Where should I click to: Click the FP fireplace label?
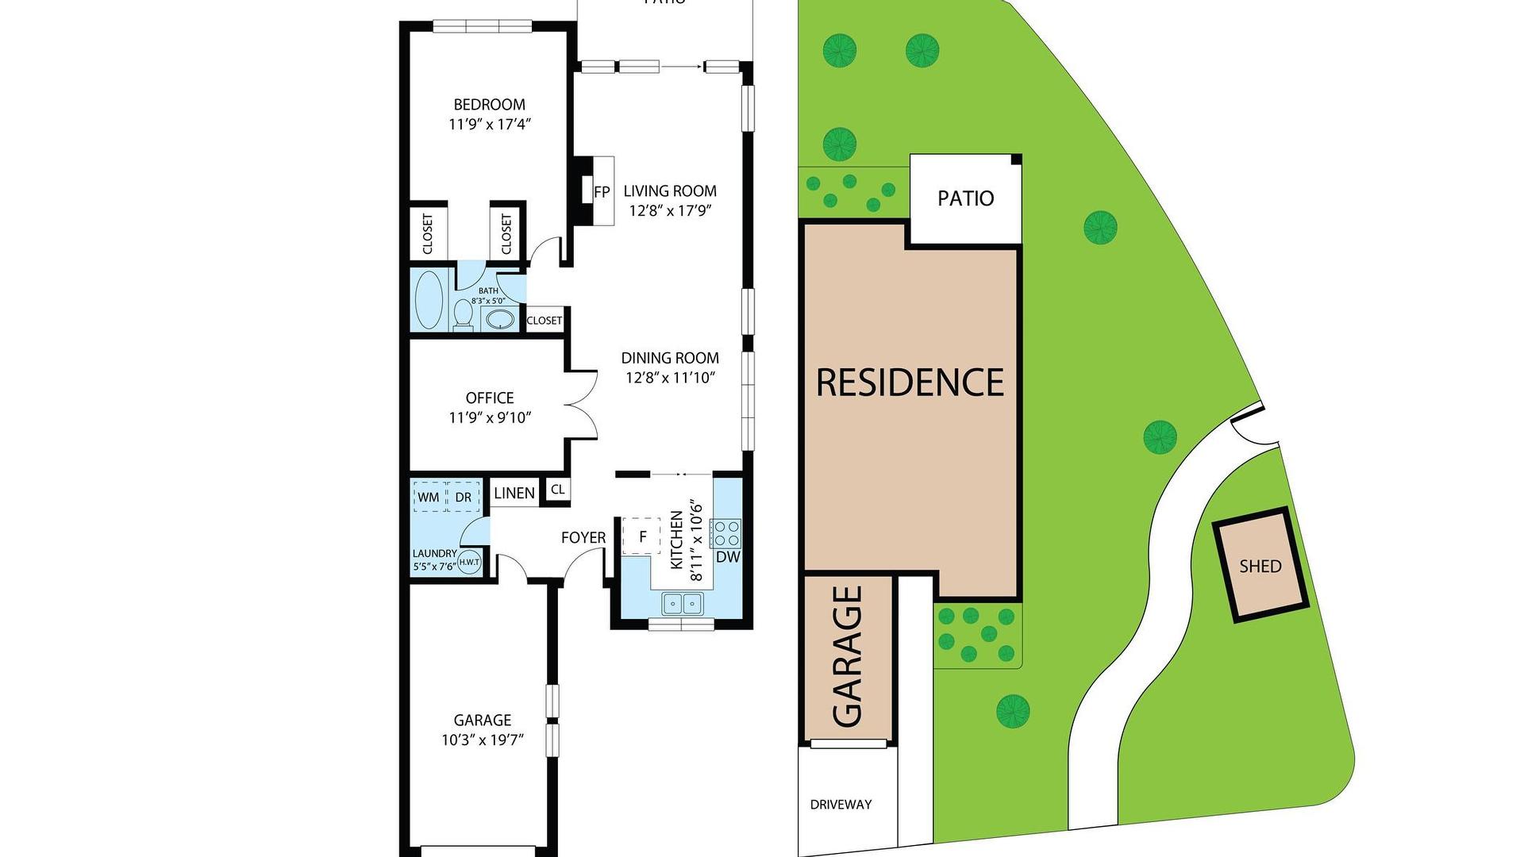tap(602, 191)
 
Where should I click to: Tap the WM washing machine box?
tap(429, 498)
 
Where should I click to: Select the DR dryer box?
tap(464, 498)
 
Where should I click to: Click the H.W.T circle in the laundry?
tap(469, 562)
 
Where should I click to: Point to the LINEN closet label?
tap(514, 493)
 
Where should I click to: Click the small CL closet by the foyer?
tap(557, 490)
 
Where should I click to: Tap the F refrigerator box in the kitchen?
tap(642, 536)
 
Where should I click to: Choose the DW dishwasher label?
tap(728, 557)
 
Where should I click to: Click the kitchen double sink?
tap(683, 604)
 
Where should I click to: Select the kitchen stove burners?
tap(726, 532)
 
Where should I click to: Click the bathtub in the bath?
tap(429, 300)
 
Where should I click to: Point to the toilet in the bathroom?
tap(463, 315)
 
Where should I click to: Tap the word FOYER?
tap(583, 538)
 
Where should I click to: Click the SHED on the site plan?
tap(1260, 566)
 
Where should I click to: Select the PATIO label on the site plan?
tap(965, 198)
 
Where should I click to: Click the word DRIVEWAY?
tap(841, 805)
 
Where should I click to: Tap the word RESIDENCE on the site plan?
tap(910, 382)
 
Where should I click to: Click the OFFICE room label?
tap(490, 398)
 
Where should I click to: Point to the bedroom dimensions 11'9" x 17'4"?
tap(490, 125)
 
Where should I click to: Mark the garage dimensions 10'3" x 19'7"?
tap(483, 740)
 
